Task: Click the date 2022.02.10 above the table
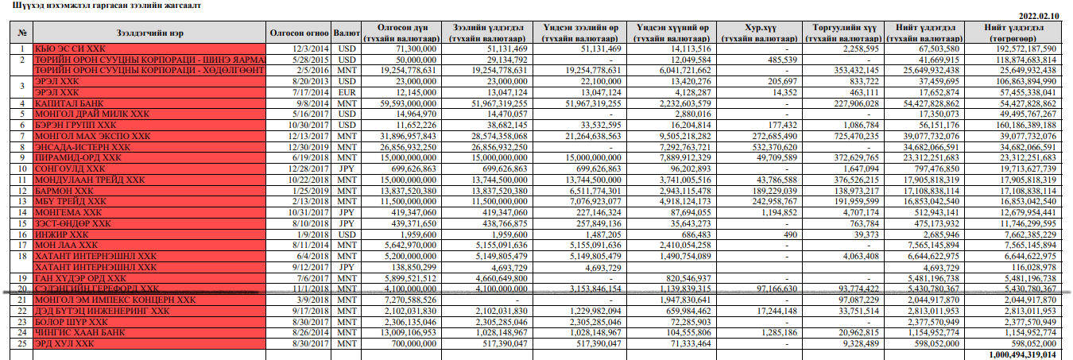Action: pos(1039,16)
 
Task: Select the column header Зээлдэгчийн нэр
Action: pos(150,33)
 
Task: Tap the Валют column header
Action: pos(347,33)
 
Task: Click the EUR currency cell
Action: pos(347,93)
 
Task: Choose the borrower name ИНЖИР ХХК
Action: pos(61,235)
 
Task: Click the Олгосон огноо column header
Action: pos(300,33)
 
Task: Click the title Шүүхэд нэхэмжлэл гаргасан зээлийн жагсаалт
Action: pos(102,5)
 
